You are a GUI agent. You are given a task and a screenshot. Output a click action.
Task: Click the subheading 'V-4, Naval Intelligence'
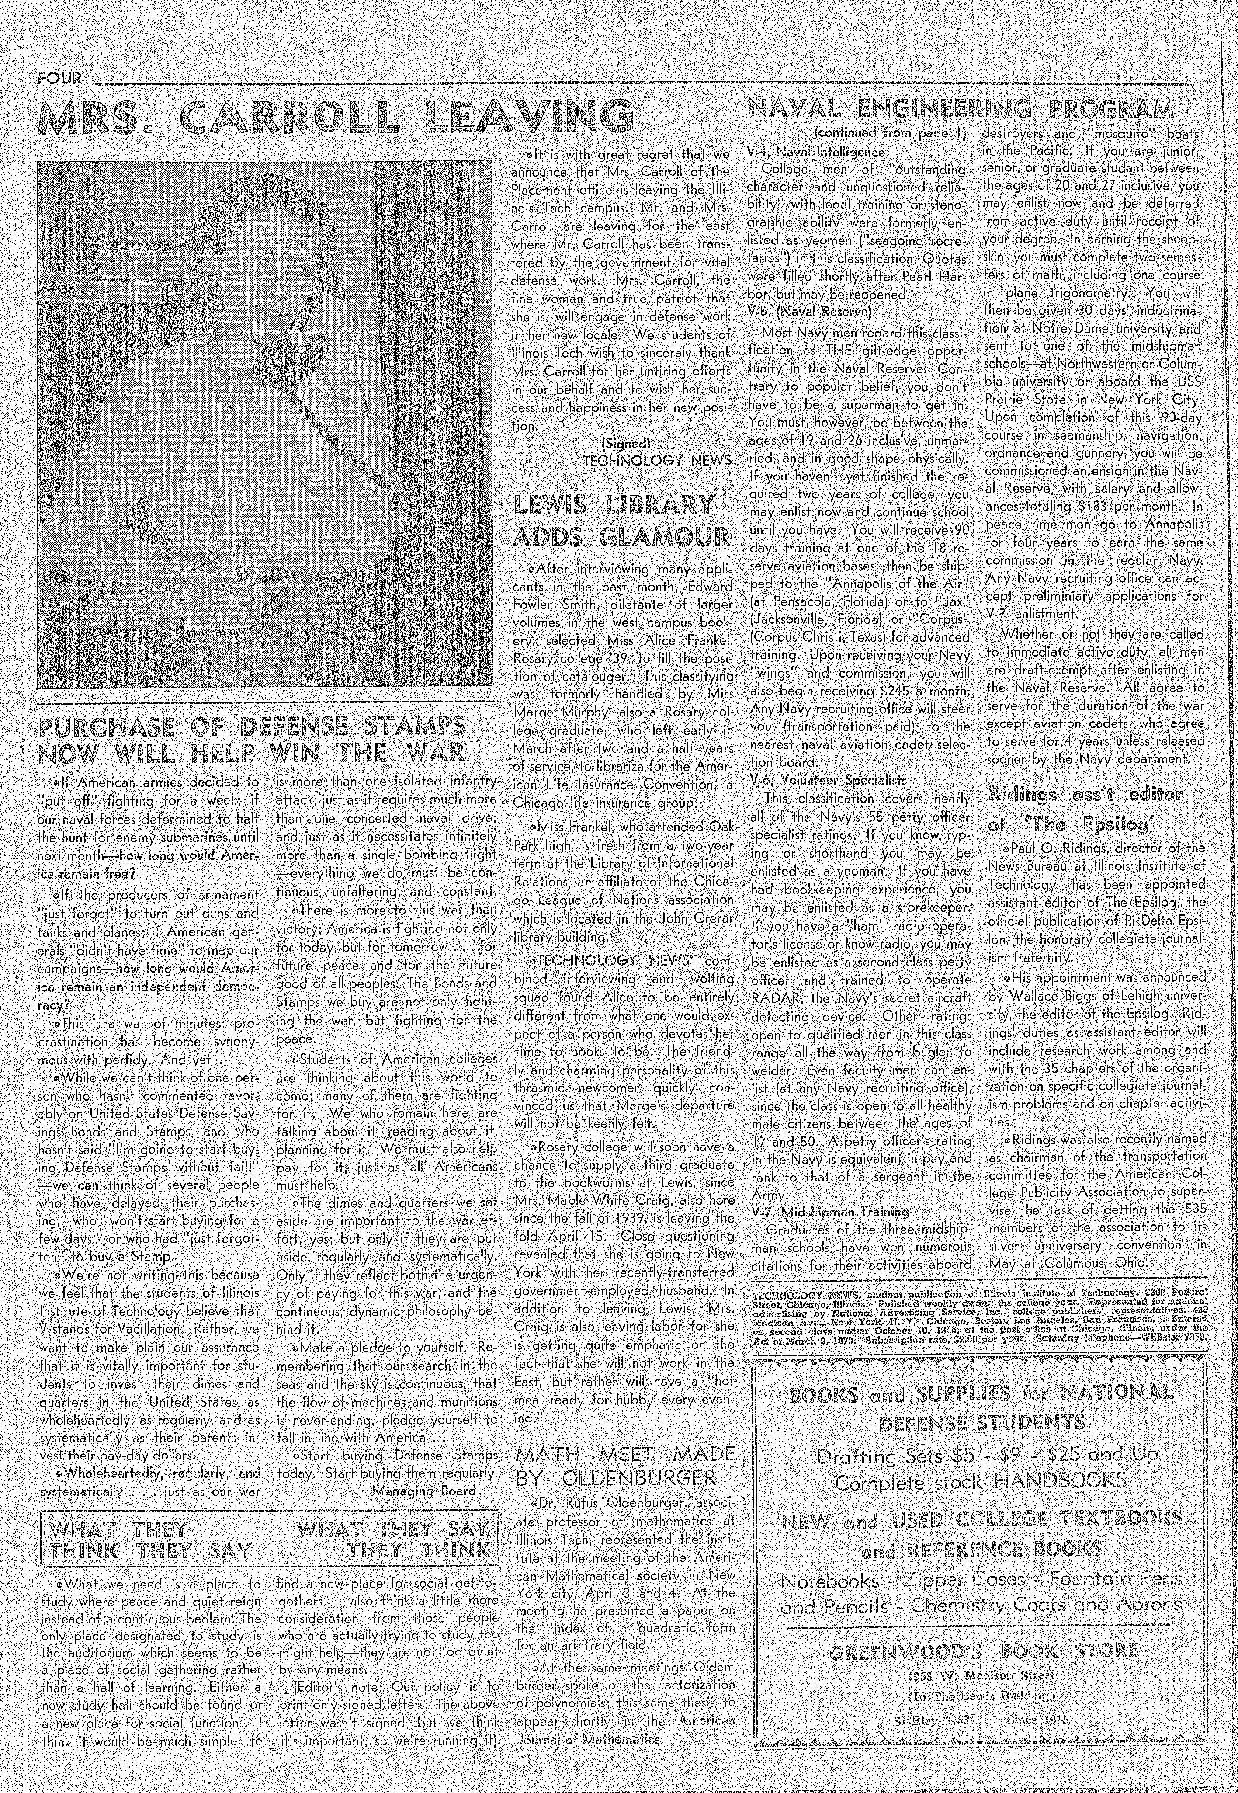(815, 152)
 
